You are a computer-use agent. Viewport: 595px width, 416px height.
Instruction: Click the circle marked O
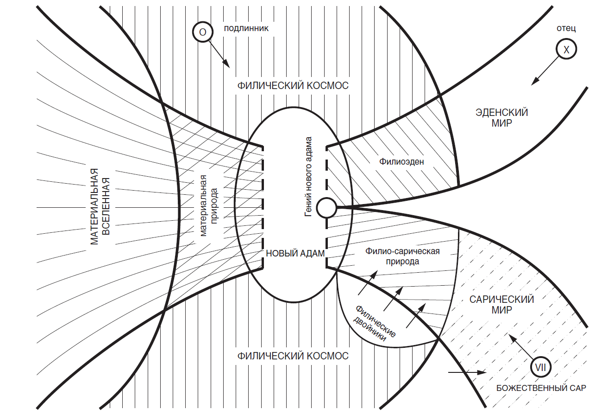pyautogui.click(x=203, y=32)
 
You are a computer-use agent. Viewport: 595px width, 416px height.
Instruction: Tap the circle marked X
pyautogui.click(x=566, y=49)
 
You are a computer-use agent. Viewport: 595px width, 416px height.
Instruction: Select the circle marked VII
pyautogui.click(x=540, y=367)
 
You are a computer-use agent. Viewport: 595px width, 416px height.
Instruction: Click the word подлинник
pyautogui.click(x=246, y=28)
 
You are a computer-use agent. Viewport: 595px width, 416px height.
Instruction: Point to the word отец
pyautogui.click(x=566, y=28)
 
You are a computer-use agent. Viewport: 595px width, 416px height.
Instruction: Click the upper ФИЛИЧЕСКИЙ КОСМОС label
pyautogui.click(x=293, y=86)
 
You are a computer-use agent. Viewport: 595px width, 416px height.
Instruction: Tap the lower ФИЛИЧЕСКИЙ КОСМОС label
pyautogui.click(x=293, y=356)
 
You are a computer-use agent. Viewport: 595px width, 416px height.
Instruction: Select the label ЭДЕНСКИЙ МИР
pyautogui.click(x=501, y=118)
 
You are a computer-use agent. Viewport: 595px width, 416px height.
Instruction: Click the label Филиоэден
pyautogui.click(x=401, y=161)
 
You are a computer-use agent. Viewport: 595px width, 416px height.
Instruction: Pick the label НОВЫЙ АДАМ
pyautogui.click(x=295, y=253)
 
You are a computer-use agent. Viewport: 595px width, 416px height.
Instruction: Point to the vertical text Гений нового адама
pyautogui.click(x=308, y=177)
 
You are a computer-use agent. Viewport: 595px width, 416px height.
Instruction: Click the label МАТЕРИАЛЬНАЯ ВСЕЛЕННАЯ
pyautogui.click(x=100, y=206)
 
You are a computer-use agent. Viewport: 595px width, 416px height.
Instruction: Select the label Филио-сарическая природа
pyautogui.click(x=402, y=256)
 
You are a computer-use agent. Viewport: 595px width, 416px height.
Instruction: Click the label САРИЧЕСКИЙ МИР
pyautogui.click(x=501, y=305)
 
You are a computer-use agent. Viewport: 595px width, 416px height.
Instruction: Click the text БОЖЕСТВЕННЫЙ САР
pyautogui.click(x=541, y=388)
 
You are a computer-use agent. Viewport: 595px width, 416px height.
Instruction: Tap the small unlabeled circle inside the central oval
pyautogui.click(x=326, y=208)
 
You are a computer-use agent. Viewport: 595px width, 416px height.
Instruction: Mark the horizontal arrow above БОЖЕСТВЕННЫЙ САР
pyautogui.click(x=467, y=372)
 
